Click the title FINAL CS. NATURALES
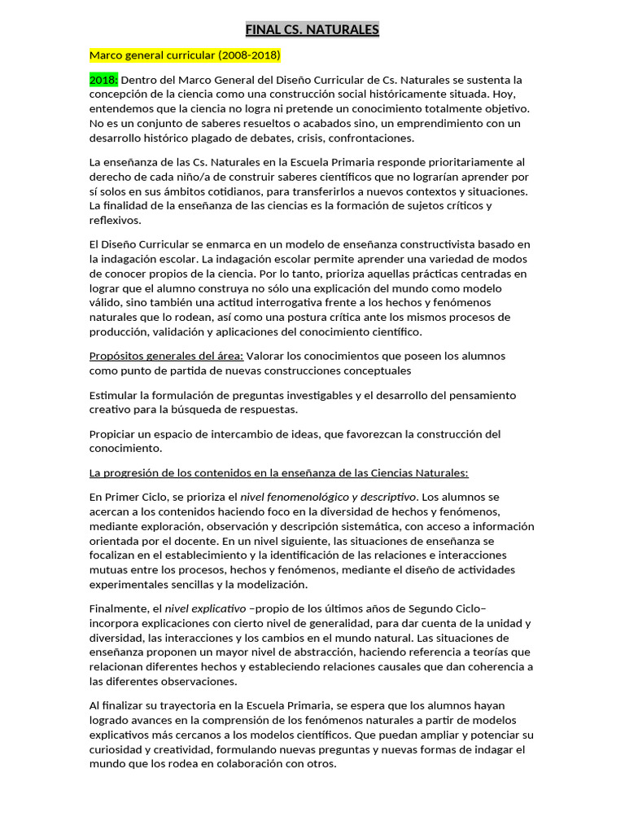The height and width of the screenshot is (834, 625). coord(312,30)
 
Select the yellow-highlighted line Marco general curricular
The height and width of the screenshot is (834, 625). coord(185,55)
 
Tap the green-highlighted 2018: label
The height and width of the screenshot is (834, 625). coord(103,80)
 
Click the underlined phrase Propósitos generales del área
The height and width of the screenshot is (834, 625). coord(166,356)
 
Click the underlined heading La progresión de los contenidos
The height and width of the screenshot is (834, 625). coord(279,472)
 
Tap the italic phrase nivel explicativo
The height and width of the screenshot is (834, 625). coord(205,608)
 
